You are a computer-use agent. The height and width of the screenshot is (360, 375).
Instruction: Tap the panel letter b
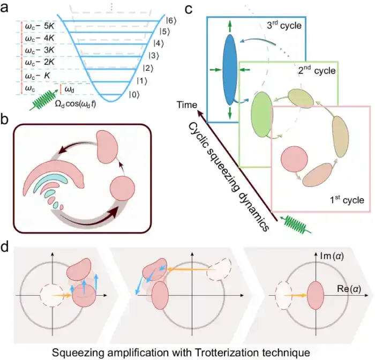tap(7, 120)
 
